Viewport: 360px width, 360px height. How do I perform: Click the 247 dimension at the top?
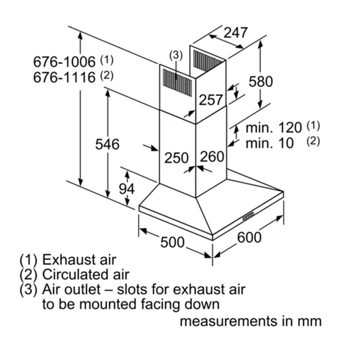pyautogui.click(x=235, y=34)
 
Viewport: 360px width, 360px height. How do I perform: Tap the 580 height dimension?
pyautogui.click(x=260, y=81)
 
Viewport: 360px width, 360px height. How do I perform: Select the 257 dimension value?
pyautogui.click(x=211, y=100)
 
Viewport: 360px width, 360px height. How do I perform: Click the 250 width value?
pyautogui.click(x=176, y=158)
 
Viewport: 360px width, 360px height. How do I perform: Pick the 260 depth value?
pyautogui.click(x=212, y=157)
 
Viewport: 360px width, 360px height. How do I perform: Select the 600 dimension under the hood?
pyautogui.click(x=249, y=238)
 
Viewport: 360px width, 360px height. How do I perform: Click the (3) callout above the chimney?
pyautogui.click(x=175, y=56)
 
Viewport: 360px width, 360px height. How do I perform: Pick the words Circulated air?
pyautogui.click(x=85, y=275)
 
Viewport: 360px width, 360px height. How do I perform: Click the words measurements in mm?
pyautogui.click(x=251, y=321)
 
